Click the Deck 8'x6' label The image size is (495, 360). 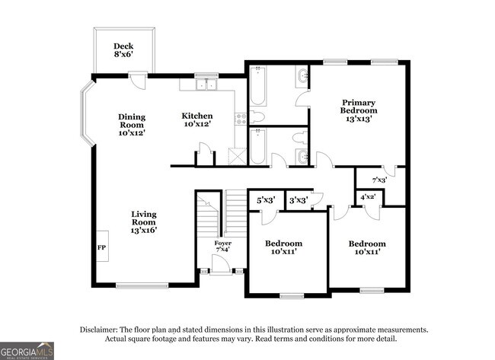point(123,50)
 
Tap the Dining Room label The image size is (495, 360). point(131,124)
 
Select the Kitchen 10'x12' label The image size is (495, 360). point(196,120)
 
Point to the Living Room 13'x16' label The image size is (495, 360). point(143,221)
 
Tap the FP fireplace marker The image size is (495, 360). point(101,247)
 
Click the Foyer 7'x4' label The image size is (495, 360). point(222,247)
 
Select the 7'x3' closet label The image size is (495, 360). point(378,180)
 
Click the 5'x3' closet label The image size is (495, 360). point(265,200)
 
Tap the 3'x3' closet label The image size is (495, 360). point(299,200)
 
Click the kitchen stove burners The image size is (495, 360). point(240,118)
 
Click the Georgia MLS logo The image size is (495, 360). point(27,350)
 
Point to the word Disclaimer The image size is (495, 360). point(103,330)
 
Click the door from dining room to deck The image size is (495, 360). point(134,78)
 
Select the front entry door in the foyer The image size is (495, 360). point(220,265)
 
